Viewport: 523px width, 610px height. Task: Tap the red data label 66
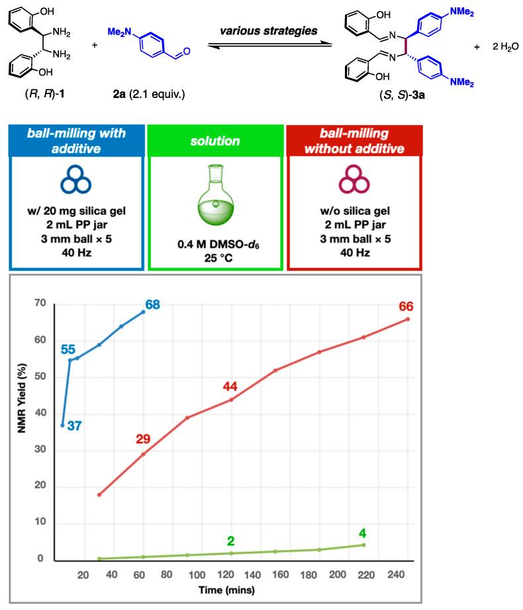[x=406, y=306]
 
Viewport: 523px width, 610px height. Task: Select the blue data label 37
[x=74, y=426]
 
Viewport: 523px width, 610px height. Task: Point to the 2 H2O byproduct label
[x=500, y=48]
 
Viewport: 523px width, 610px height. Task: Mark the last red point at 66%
[x=408, y=319]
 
